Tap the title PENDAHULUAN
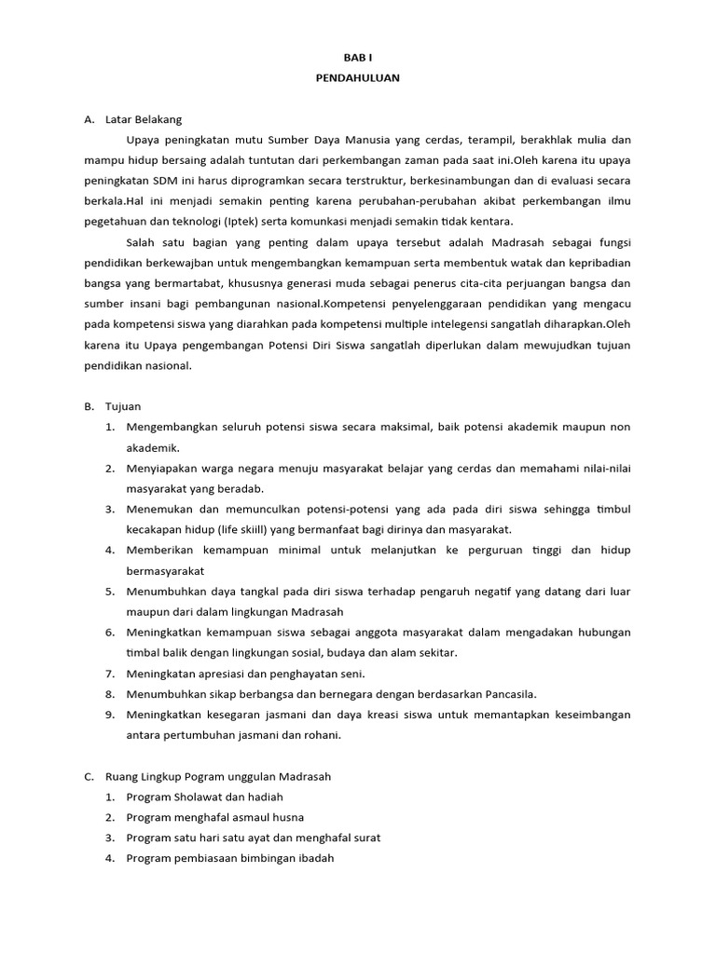pos(357,78)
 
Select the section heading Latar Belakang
pos(145,119)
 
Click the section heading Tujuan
pos(123,406)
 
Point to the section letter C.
pos(89,776)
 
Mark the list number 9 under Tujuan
pos(109,715)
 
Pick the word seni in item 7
pos(351,674)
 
